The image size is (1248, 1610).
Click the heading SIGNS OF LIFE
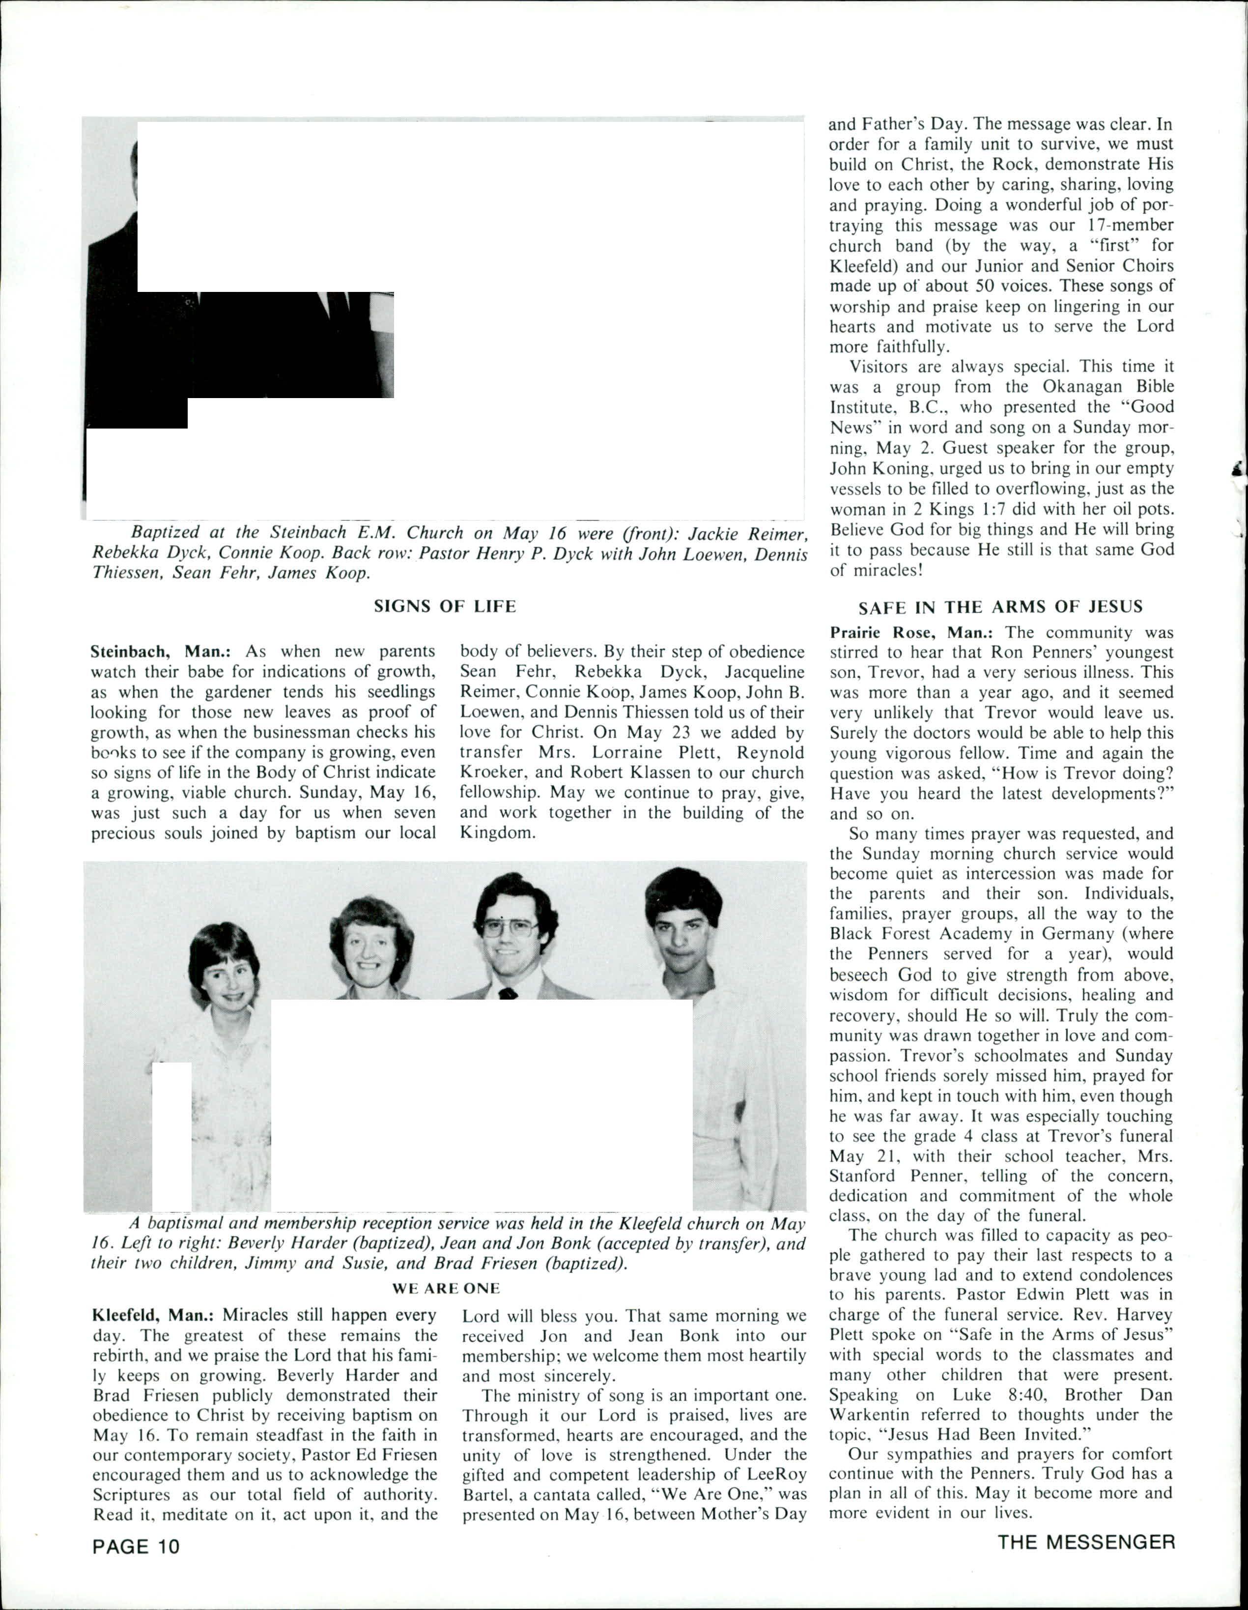(445, 606)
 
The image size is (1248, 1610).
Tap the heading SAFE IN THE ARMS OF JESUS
(1000, 607)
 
